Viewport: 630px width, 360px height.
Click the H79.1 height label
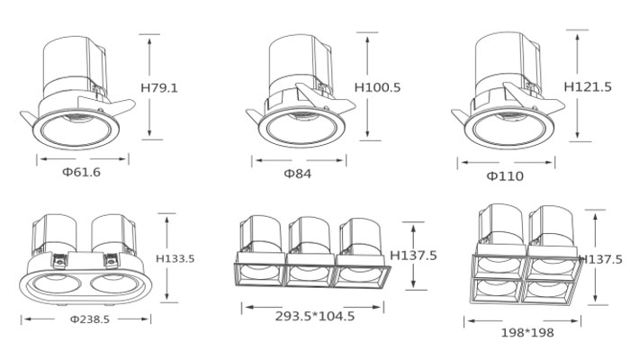pyautogui.click(x=159, y=87)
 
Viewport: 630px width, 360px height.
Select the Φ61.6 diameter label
pyautogui.click(x=81, y=172)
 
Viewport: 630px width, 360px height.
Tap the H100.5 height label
pyautogui.click(x=377, y=87)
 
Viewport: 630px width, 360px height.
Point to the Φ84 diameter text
pyautogui.click(x=298, y=174)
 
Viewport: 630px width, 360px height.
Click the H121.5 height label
pyautogui.click(x=588, y=86)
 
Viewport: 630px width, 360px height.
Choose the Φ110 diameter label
pyautogui.click(x=505, y=176)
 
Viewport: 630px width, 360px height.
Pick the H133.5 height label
pyautogui.click(x=175, y=258)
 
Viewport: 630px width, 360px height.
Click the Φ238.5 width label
pyautogui.click(x=90, y=319)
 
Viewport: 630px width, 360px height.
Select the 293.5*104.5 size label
pyautogui.click(x=315, y=316)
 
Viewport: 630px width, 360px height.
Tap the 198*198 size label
pyautogui.click(x=527, y=333)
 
